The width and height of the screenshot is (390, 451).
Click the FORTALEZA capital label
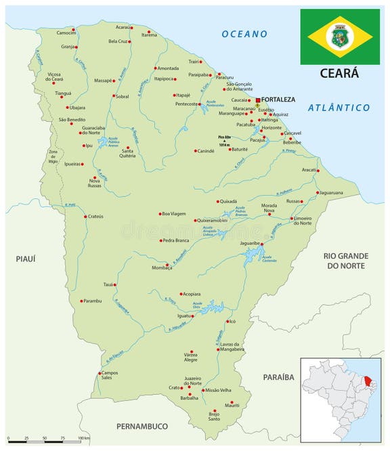(278, 100)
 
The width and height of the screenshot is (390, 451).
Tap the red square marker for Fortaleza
(258, 100)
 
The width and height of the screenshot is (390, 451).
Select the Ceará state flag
(340, 37)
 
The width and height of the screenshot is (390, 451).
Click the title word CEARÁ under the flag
(340, 73)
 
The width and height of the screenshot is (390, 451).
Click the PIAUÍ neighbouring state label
(25, 258)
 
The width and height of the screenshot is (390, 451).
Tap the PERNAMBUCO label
(141, 426)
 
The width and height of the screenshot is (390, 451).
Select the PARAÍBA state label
(278, 377)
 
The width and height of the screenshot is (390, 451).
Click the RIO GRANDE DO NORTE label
(345, 261)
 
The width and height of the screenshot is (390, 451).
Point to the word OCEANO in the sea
(244, 34)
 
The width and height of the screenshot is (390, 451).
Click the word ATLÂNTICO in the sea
(339, 108)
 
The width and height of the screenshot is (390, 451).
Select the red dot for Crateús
(84, 217)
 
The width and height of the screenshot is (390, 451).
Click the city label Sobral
(122, 97)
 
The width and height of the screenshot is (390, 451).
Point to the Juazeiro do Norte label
(193, 381)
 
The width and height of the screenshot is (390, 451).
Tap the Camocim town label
(66, 33)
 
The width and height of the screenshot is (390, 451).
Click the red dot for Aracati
(317, 170)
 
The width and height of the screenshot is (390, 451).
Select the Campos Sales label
(108, 376)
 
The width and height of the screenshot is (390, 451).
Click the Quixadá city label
(229, 201)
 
